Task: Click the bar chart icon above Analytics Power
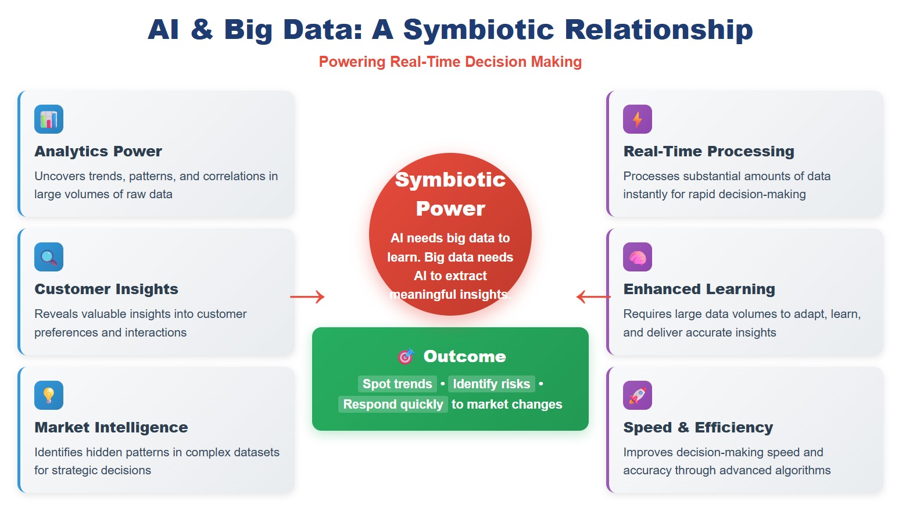pyautogui.click(x=49, y=119)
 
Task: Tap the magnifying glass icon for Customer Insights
pyautogui.click(x=49, y=257)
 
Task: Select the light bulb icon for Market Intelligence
pyautogui.click(x=49, y=395)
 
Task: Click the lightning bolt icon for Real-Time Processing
pyautogui.click(x=638, y=119)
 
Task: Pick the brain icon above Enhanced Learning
pyautogui.click(x=638, y=257)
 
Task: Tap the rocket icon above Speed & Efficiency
pyautogui.click(x=638, y=395)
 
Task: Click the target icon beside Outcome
pyautogui.click(x=406, y=356)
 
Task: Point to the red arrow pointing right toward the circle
pyautogui.click(x=307, y=297)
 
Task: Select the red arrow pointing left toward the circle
pyautogui.click(x=593, y=297)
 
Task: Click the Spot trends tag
pyautogui.click(x=398, y=384)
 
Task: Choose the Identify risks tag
pyautogui.click(x=492, y=384)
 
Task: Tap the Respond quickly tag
pyautogui.click(x=393, y=405)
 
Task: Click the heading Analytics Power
pyautogui.click(x=98, y=151)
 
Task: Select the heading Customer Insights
pyautogui.click(x=106, y=289)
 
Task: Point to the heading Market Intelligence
pyautogui.click(x=111, y=427)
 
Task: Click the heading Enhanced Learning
pyautogui.click(x=699, y=289)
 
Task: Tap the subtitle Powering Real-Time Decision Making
pyautogui.click(x=450, y=62)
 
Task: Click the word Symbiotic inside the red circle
pyautogui.click(x=450, y=180)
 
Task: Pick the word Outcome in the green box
pyautogui.click(x=464, y=356)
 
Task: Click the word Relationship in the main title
pyautogui.click(x=658, y=30)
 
